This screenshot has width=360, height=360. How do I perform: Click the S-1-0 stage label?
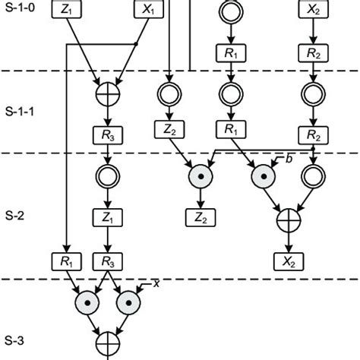tap(22, 13)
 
